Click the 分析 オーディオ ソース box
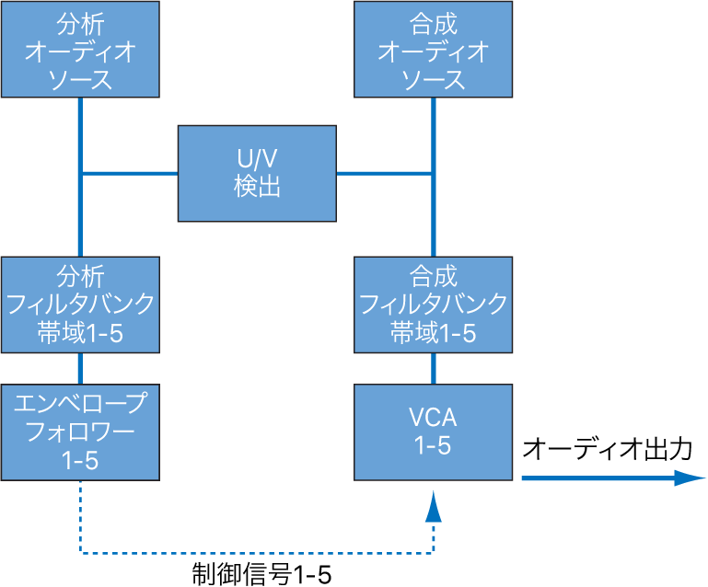80,49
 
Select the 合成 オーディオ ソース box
434,49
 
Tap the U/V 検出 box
256,173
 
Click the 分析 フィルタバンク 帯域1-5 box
80,305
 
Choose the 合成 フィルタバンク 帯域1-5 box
434,305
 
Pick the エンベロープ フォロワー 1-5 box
80,431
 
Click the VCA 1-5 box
434,431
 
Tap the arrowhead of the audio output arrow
690,478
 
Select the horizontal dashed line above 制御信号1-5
258,554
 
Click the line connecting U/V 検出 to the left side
129,172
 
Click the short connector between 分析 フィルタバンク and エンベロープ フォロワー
81,368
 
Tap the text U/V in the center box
256,158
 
